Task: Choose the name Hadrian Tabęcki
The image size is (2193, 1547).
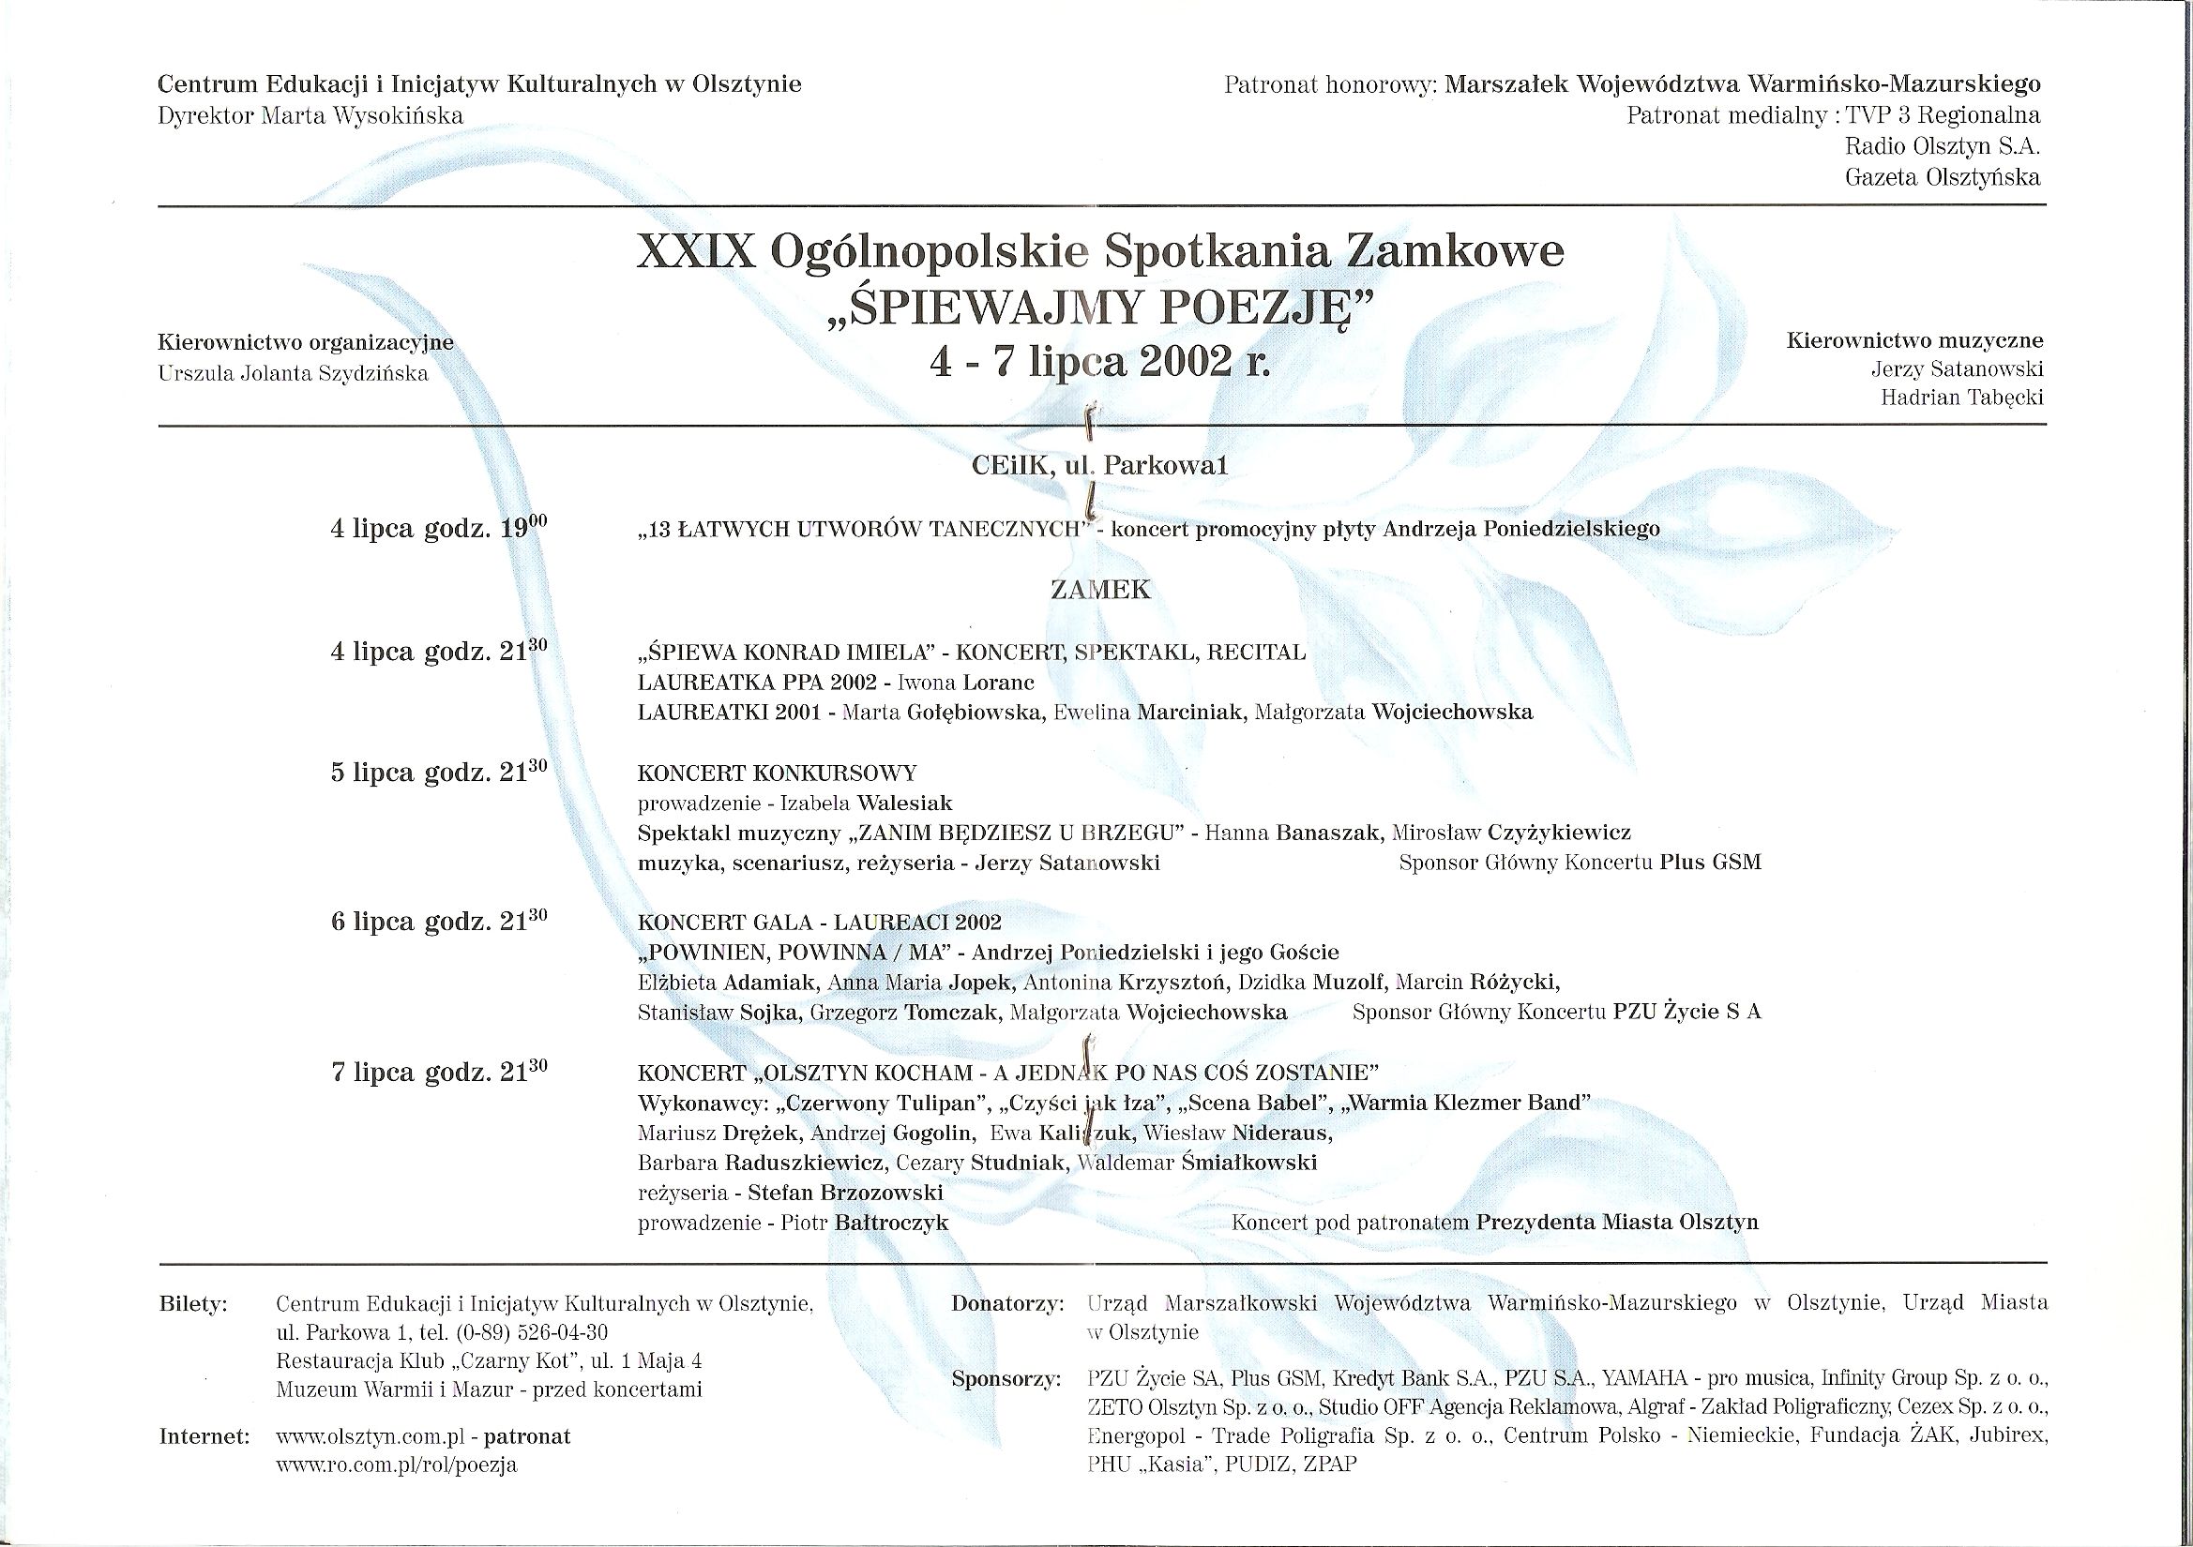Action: point(1962,398)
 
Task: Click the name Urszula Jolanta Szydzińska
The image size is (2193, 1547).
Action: point(294,373)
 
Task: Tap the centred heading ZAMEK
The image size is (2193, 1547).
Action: point(1100,590)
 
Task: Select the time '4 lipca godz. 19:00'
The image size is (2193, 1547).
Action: point(439,528)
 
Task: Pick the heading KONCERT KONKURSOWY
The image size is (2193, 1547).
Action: point(778,773)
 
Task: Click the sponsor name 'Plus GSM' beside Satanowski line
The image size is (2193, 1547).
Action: point(1710,863)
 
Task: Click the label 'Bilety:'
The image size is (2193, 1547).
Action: point(194,1304)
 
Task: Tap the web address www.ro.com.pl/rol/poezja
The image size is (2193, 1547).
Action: point(397,1464)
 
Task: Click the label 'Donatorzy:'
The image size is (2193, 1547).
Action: point(1006,1304)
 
